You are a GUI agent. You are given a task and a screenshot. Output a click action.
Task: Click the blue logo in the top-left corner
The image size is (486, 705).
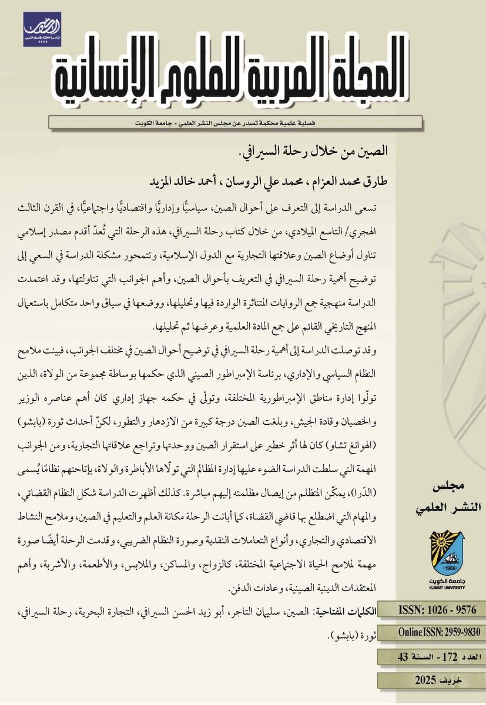pyautogui.click(x=42, y=29)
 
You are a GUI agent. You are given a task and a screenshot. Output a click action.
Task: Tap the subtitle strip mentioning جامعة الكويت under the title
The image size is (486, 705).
pyautogui.click(x=235, y=123)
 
